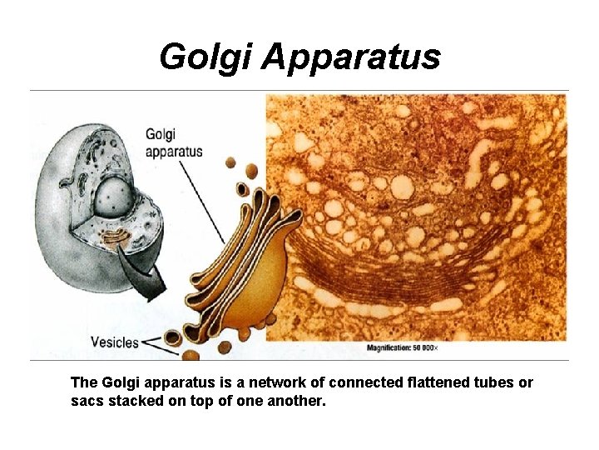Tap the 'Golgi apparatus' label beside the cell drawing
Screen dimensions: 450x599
(x=173, y=142)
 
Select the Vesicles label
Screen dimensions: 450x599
(x=114, y=342)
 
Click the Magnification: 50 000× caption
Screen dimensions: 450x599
(x=414, y=347)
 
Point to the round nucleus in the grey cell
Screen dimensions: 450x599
(x=110, y=197)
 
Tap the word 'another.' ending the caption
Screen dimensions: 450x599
(x=299, y=401)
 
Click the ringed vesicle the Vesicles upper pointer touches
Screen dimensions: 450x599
(x=172, y=337)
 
